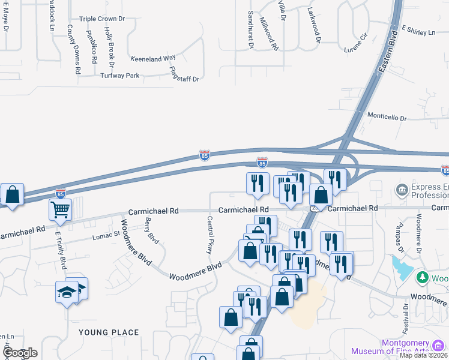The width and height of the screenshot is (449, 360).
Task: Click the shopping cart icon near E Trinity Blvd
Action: (x=60, y=210)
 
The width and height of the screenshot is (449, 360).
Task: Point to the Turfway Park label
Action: (x=120, y=76)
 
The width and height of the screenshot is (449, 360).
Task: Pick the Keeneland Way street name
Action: (x=153, y=58)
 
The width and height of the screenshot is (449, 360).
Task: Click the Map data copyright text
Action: (x=423, y=355)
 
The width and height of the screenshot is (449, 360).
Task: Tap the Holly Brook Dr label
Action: (x=109, y=46)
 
